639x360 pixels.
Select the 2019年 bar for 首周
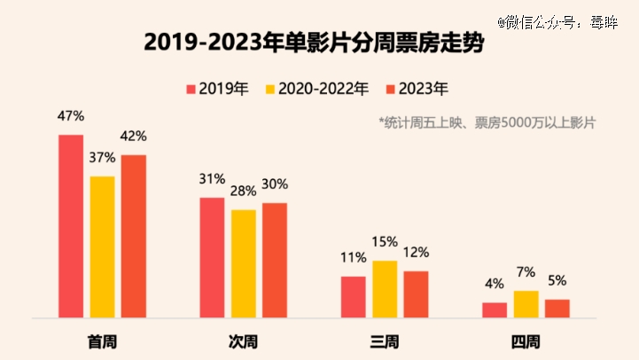click(71, 225)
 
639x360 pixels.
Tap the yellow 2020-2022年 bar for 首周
click(102, 246)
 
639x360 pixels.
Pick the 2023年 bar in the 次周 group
click(275, 259)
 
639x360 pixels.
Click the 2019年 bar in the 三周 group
click(354, 296)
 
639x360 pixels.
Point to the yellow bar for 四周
click(526, 303)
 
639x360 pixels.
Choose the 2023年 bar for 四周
click(557, 308)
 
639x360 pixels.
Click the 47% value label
click(71, 116)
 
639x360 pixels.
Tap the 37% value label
click(102, 158)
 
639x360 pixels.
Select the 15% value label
click(385, 242)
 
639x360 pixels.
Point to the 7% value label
click(526, 272)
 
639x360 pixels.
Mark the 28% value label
click(243, 191)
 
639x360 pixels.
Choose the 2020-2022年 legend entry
click(316, 89)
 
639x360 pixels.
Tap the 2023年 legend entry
click(417, 89)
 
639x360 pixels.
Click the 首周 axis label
click(102, 341)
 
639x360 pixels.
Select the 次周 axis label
click(243, 341)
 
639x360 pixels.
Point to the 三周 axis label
click(385, 341)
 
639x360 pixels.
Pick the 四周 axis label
click(526, 341)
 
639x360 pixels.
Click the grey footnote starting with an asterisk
click(487, 122)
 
